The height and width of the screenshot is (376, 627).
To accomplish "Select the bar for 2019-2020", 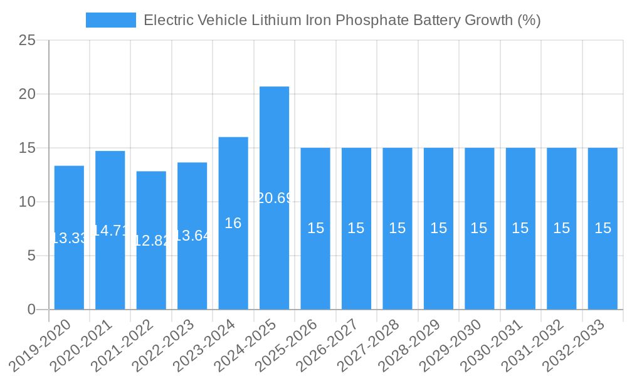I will pos(69,238).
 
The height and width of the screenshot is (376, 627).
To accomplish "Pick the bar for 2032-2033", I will pos(603,229).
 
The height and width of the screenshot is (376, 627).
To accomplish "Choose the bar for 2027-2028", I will pos(398,229).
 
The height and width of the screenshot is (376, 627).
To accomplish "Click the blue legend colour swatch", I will pos(110,20).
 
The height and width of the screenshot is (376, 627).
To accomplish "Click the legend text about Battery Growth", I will pos(342,20).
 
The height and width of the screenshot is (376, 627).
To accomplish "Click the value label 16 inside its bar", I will pos(233,223).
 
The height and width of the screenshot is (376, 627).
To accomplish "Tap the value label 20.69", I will pos(274,198).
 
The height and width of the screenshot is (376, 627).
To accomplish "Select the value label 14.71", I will pos(110,231).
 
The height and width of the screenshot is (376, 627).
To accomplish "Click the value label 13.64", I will pos(192,236).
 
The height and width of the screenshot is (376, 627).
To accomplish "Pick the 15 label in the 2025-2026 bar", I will pos(315,228).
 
